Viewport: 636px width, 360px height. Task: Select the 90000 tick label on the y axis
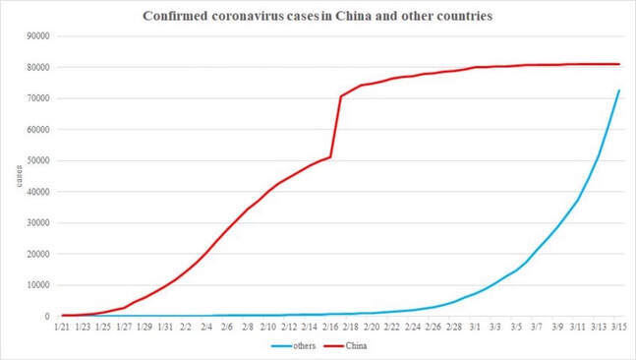pos(37,36)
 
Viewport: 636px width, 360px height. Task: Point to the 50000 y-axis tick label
pos(37,160)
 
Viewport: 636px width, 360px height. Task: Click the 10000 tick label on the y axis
pos(37,285)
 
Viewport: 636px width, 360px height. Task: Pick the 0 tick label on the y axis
pos(47,317)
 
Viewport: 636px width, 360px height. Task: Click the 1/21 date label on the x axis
pos(62,328)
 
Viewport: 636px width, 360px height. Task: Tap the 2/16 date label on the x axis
pos(330,328)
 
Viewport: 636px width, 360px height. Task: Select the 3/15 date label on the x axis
pos(619,328)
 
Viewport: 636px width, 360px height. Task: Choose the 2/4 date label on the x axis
pos(206,328)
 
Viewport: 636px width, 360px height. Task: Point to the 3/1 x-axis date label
pos(475,328)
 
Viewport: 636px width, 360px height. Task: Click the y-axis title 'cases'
pos(19,176)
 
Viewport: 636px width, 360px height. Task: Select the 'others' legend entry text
pos(304,346)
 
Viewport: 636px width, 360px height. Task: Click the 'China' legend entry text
pos(356,346)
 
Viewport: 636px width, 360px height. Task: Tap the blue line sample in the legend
pos(281,346)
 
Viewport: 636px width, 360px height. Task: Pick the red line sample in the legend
pos(334,346)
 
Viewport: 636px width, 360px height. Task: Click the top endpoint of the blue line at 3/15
pos(619,90)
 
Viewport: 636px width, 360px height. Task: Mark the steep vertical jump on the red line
pos(336,127)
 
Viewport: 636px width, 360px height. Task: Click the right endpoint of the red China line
pos(619,64)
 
